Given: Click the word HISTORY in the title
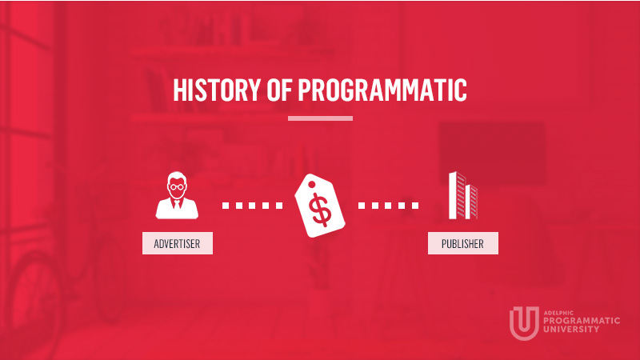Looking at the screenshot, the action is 217,89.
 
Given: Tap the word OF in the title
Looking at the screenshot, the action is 279,89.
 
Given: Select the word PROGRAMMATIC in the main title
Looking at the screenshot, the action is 382,89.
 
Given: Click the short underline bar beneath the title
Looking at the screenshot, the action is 321,118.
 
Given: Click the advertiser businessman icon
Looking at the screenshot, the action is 177,195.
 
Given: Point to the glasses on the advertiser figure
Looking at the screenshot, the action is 177,187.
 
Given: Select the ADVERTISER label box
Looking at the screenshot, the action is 178,243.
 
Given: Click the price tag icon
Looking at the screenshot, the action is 320,206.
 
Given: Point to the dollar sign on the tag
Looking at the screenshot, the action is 320,210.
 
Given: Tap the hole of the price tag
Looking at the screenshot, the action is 312,185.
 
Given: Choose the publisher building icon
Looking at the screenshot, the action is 463,195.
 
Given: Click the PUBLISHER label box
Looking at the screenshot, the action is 463,243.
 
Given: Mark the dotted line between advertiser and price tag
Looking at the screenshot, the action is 252,206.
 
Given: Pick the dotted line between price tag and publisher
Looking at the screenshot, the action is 388,206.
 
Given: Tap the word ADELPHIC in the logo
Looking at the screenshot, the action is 558,313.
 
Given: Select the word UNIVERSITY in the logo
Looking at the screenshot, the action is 571,329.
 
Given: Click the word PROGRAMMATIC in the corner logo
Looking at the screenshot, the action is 582,321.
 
